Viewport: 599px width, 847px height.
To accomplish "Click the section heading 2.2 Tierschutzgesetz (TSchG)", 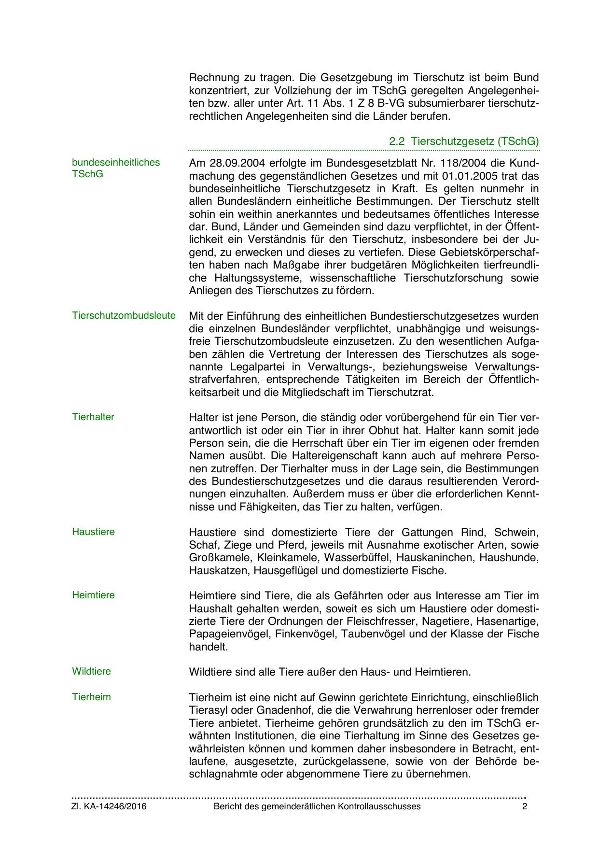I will pos(464,141).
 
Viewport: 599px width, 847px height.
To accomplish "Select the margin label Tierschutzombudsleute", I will pos(124,316).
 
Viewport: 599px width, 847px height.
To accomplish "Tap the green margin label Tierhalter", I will pos(93,417).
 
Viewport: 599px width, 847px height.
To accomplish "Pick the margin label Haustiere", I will pos(93,532).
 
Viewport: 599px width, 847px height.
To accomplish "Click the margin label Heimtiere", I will pos(93,595).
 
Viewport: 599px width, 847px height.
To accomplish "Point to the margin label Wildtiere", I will pos(91,671).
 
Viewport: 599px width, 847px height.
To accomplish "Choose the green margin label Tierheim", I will pos(91,697).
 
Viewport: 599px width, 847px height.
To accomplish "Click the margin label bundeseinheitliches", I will pos(116,162).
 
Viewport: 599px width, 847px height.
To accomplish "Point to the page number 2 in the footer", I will pos(525,807).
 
